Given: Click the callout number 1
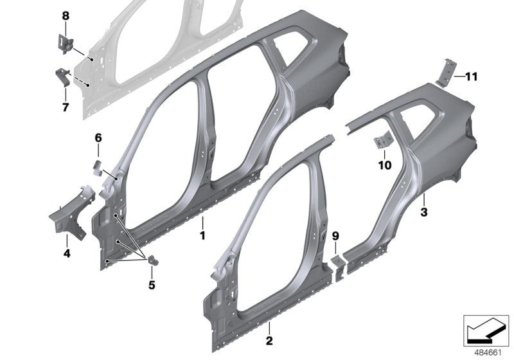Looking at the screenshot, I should pos(202,235).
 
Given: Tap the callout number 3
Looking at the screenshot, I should pos(423,211).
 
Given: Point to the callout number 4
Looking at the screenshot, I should pos(67,253).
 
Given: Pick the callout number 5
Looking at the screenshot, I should pos(153,283).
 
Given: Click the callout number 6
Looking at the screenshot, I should pos(98,138).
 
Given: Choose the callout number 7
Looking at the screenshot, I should pos(65,107).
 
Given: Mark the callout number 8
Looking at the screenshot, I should pos(65,15).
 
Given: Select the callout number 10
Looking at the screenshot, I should pos(384,165).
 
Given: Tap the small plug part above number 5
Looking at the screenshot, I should pos(154,260).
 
